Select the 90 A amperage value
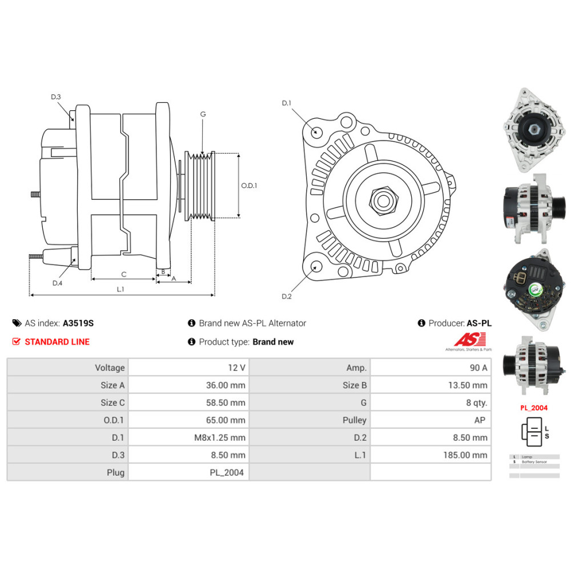coord(477,368)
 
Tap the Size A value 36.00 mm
coord(226,385)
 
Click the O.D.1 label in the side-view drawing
coord(249,186)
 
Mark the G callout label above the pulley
coord(203,114)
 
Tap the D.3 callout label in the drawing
coord(55,97)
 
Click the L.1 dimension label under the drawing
coord(120,289)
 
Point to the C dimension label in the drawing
coord(123,274)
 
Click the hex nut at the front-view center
coord(383,200)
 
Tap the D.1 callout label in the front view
coord(287,103)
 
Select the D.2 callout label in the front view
coord(287,296)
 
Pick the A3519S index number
coord(78,323)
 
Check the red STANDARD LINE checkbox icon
coord(16,342)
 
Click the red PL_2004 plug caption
coord(534,408)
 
